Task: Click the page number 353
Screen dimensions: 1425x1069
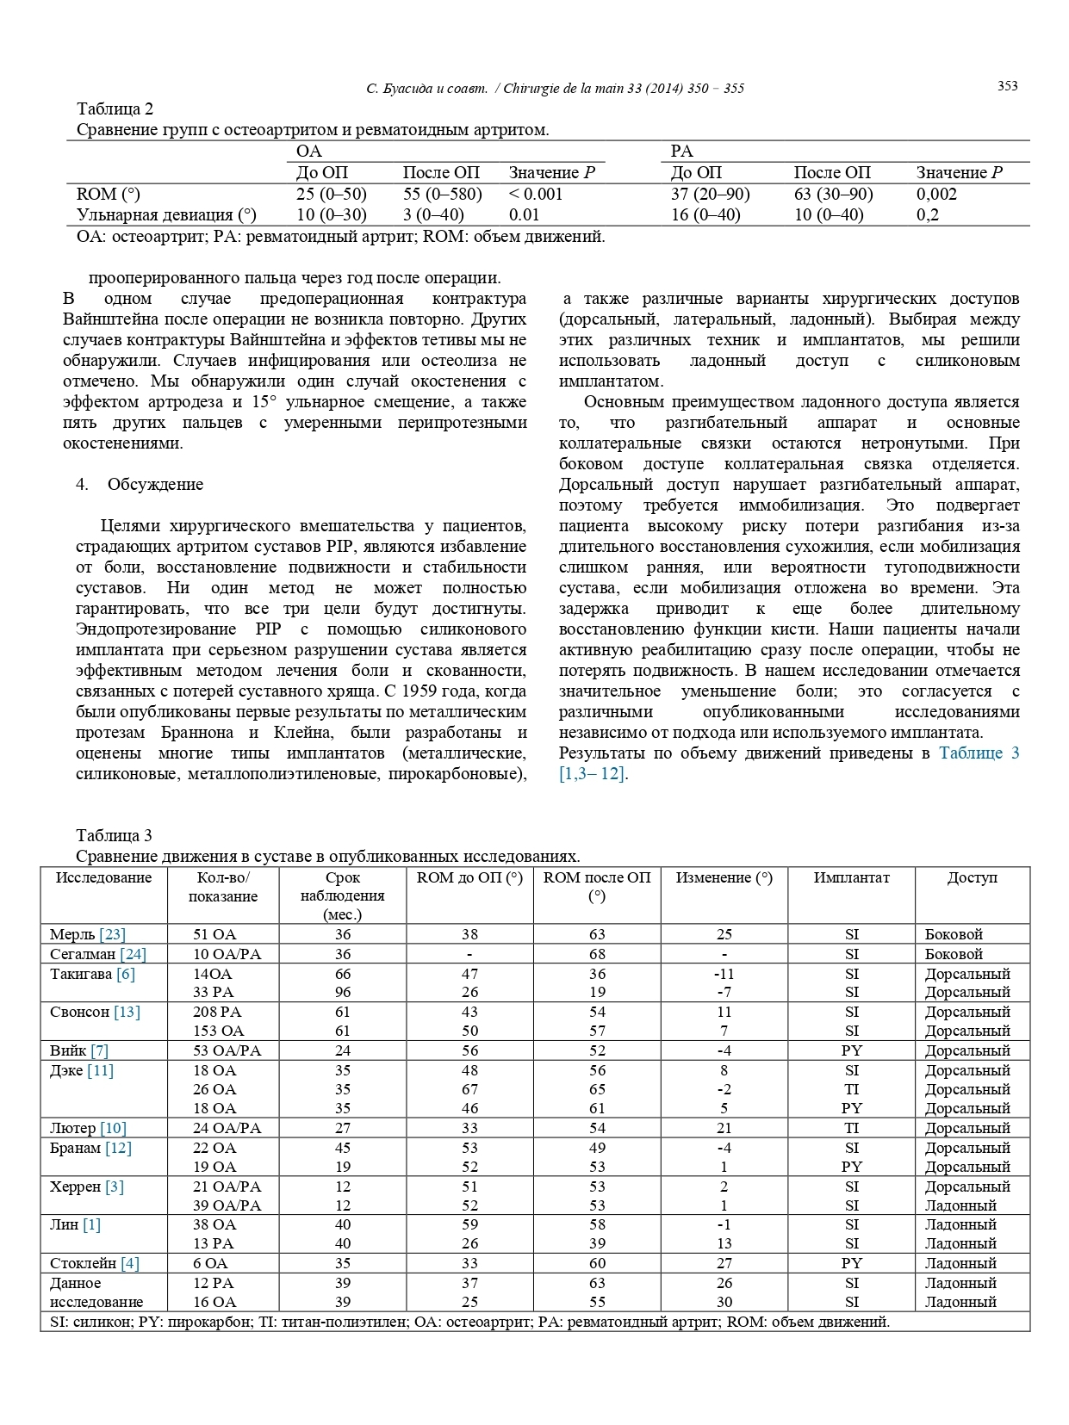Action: tap(1007, 86)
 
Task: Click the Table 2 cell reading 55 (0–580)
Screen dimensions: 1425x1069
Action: tap(442, 194)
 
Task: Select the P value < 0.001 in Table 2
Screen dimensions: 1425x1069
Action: tap(535, 194)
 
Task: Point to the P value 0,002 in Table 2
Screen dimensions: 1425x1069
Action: tap(936, 194)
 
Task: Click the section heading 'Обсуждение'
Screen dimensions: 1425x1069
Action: tap(155, 484)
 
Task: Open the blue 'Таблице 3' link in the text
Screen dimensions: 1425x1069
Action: tap(979, 753)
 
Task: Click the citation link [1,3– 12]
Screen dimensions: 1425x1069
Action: tap(593, 773)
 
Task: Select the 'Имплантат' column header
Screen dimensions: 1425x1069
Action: tap(851, 877)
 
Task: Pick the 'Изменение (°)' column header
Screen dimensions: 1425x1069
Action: tap(724, 877)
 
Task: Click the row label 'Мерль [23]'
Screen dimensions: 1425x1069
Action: tap(87, 934)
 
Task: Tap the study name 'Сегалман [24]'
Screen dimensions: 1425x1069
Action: tap(97, 954)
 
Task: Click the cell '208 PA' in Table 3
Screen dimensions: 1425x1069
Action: tap(217, 1012)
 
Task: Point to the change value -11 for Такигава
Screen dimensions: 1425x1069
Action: tap(724, 974)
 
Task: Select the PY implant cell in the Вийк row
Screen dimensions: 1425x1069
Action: tap(851, 1050)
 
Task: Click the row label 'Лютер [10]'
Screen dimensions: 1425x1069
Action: tap(88, 1128)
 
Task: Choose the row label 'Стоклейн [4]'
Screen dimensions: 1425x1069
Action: tap(94, 1263)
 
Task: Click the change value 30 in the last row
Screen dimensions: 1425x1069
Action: tap(724, 1302)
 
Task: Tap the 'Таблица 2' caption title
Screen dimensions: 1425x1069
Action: tap(115, 108)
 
